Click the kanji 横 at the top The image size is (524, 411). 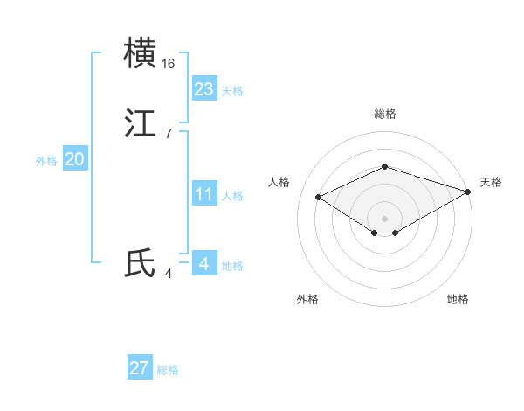[x=141, y=53]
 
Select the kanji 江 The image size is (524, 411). [x=141, y=123]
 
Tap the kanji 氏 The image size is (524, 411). [x=141, y=263]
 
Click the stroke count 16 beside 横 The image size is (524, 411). [x=169, y=64]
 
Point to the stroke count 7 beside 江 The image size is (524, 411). [x=168, y=134]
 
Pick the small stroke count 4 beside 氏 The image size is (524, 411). [x=168, y=274]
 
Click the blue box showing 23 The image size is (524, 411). [x=204, y=89]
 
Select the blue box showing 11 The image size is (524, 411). [x=204, y=194]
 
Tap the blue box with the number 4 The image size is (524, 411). [x=204, y=263]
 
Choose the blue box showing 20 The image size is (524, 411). [x=75, y=159]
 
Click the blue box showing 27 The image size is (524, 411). [x=140, y=368]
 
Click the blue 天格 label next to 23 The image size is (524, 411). [x=232, y=91]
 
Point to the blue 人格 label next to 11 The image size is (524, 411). [x=232, y=196]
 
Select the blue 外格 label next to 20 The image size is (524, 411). [x=46, y=161]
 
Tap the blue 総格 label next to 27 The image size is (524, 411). [x=168, y=370]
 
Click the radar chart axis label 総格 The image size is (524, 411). [x=384, y=115]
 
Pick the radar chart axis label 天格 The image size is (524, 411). [x=491, y=182]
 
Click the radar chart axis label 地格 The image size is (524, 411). [x=458, y=300]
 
